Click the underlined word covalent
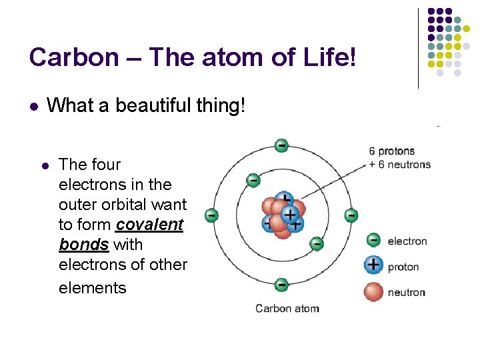pos(149,225)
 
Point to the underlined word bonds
pos(84,245)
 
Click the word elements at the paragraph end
pos(92,288)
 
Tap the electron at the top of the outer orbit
pos(281,145)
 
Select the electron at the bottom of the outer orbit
pos(281,285)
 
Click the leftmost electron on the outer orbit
pos(211,215)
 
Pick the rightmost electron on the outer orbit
pos(351,215)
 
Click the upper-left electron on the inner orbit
pos(253,180)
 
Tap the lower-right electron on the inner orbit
pos(317,244)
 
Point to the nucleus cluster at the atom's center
pos(283,215)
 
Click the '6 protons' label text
pos(392,151)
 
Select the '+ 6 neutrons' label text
pos(399,164)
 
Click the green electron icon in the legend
pos(374,240)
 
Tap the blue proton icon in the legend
pos(374,265)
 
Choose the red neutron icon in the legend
pos(374,291)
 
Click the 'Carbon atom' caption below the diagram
pos(287,308)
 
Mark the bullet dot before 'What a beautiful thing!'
pos(33,106)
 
